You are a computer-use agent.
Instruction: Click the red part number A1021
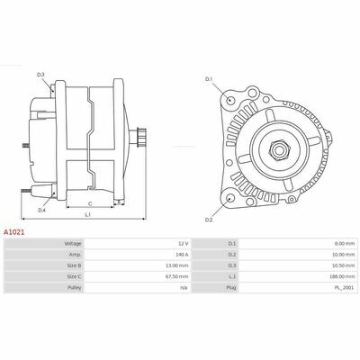coord(13,232)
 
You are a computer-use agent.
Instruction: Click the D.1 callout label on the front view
coord(209,79)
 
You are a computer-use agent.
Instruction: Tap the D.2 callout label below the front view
coord(209,220)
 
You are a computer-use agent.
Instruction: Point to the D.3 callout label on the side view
coord(40,75)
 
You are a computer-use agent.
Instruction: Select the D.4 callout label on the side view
coord(41,211)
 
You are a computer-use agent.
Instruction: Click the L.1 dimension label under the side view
coord(87,214)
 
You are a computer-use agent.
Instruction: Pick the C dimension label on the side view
coord(90,204)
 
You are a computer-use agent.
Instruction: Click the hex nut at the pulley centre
coord(278,149)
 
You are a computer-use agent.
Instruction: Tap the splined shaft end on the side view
coord(141,137)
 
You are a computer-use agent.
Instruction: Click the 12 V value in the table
coord(184,244)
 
